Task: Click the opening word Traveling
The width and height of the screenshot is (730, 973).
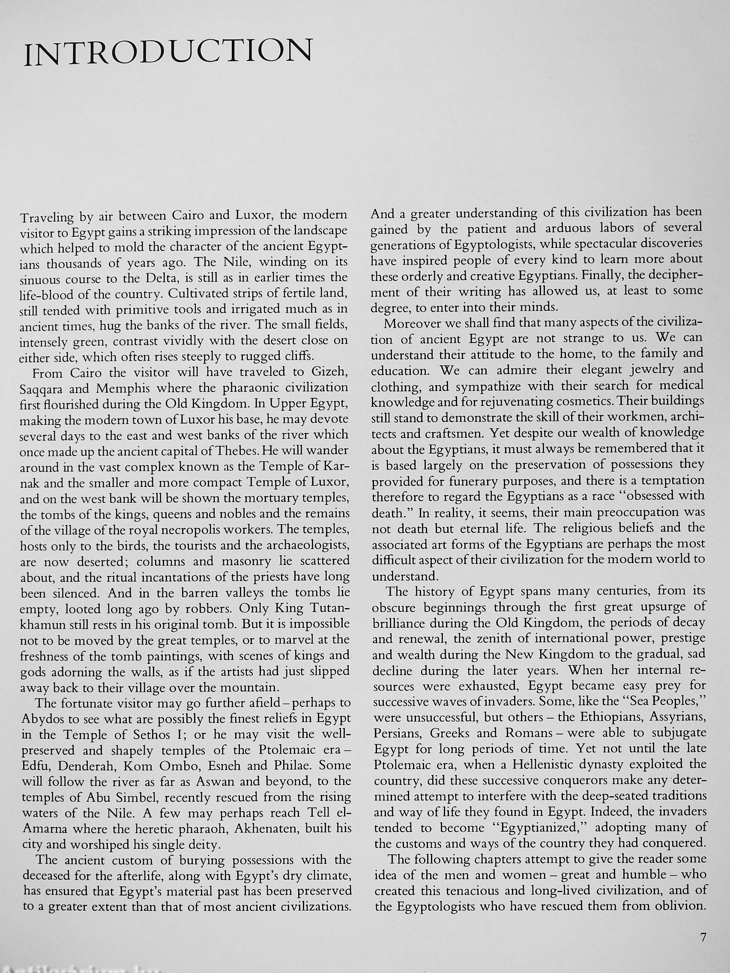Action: point(48,217)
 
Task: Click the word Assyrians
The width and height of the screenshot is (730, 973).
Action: point(678,717)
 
